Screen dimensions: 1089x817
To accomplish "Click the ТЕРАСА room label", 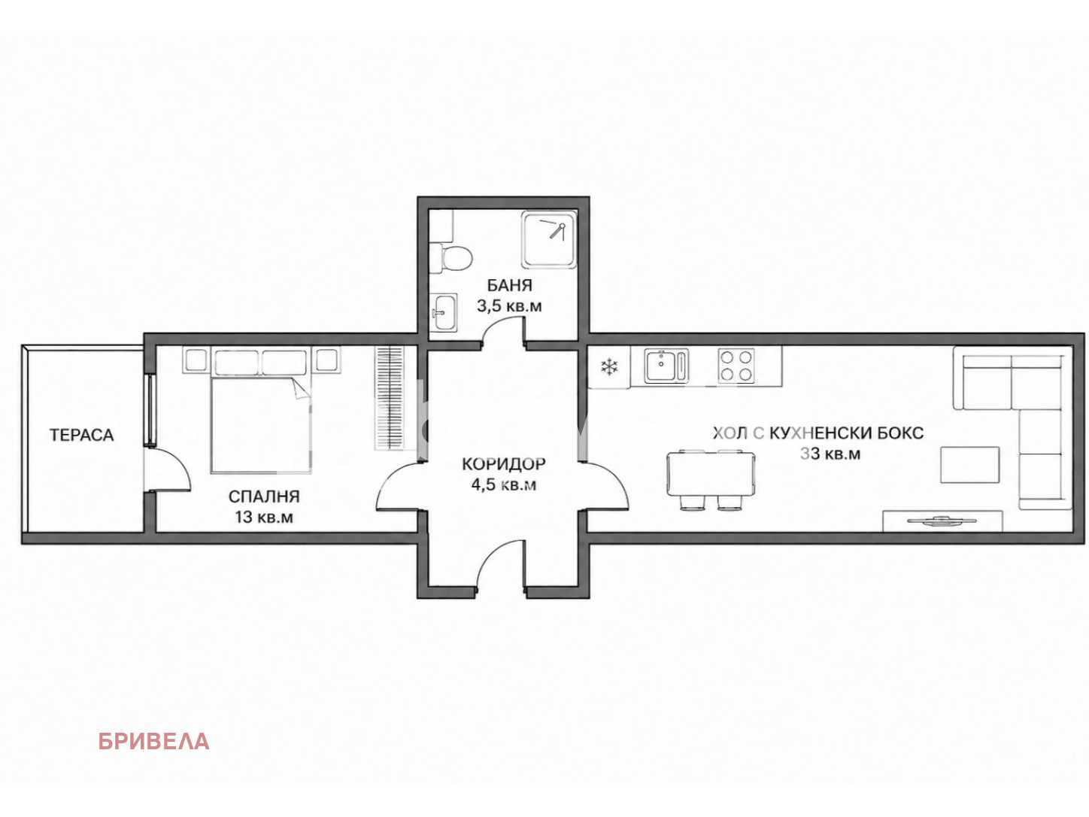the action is tap(81, 435).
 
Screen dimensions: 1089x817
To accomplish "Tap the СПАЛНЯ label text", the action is tap(264, 496).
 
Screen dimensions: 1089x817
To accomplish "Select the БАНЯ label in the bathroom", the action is tap(509, 285).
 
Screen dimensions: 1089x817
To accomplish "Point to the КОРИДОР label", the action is tap(504, 464).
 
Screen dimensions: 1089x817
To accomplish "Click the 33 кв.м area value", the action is tap(830, 454).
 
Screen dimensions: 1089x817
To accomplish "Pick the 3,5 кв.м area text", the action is tap(509, 306).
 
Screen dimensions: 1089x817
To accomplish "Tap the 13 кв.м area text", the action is tap(264, 517).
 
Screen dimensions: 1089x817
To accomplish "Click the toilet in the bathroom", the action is tap(450, 258).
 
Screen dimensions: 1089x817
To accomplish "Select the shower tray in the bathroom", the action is tap(549, 239).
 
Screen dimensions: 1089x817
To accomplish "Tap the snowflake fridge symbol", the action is tap(609, 367).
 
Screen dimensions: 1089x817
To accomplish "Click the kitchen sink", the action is tap(666, 366).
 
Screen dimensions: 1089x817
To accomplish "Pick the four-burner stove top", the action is tap(736, 366).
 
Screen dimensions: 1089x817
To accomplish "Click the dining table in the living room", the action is tap(711, 473).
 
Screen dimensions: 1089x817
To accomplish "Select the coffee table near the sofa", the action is tap(970, 464).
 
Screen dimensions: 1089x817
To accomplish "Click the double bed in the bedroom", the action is tap(261, 424).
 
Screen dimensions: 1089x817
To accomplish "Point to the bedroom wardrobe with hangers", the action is tap(389, 398).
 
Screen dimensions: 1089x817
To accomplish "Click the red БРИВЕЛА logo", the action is tap(154, 742).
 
